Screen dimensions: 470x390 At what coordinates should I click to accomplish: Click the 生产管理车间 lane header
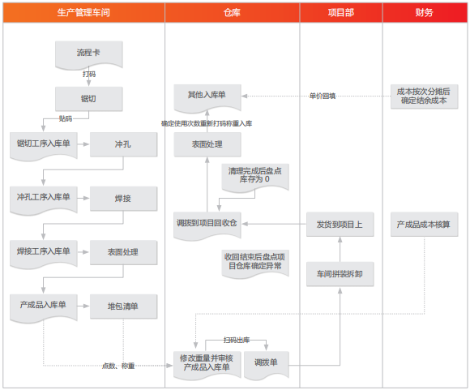(83, 13)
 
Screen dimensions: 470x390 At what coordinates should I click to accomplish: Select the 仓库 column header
(232, 13)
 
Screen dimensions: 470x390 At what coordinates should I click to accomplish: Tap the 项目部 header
(341, 13)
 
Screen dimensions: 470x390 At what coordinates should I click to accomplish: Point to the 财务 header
(425, 13)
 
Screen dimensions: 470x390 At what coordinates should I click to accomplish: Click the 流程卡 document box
(88, 55)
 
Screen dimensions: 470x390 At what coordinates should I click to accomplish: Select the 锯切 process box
(88, 99)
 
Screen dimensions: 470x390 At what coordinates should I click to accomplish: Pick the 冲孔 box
(123, 144)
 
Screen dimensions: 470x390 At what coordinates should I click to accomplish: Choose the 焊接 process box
(123, 199)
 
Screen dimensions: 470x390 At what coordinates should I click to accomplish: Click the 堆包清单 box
(123, 306)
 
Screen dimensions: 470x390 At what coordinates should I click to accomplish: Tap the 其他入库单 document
(207, 98)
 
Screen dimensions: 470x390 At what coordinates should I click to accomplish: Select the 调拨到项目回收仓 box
(207, 226)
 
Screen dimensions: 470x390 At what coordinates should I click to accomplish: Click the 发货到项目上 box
(340, 225)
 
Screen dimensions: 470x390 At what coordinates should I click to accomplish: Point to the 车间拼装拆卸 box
(340, 274)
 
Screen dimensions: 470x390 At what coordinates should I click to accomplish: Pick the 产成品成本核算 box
(424, 225)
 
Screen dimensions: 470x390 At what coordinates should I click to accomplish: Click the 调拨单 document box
(267, 366)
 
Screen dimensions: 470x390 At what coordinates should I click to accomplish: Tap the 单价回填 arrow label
(323, 96)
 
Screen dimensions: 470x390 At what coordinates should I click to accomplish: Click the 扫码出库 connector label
(237, 340)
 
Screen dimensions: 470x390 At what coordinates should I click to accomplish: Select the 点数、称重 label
(118, 366)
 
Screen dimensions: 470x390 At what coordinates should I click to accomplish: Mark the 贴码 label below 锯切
(66, 118)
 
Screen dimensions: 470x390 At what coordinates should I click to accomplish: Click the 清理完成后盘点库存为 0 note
(255, 177)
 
